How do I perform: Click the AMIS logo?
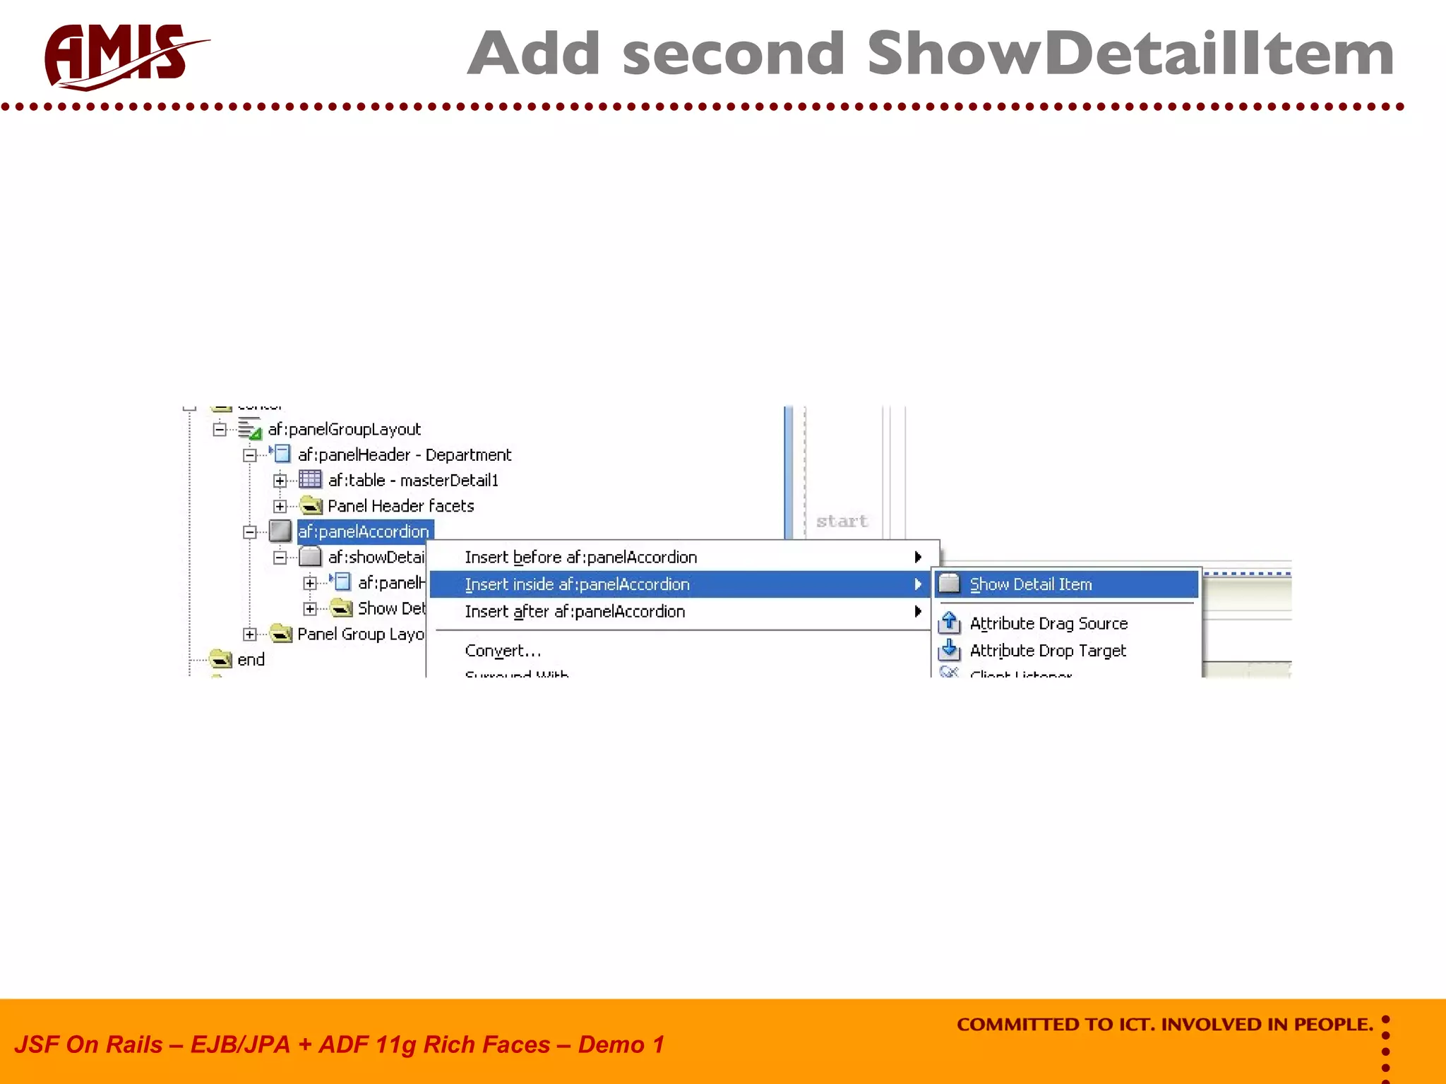[124, 56]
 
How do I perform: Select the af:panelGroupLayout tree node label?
[344, 429]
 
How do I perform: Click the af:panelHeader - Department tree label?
[404, 455]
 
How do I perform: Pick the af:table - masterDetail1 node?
[413, 481]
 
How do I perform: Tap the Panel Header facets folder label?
[400, 506]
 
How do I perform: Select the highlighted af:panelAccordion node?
[363, 531]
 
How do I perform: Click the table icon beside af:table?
[310, 480]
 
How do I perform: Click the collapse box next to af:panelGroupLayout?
[220, 429]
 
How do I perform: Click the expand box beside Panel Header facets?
[280, 506]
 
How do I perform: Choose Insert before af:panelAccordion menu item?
[580, 558]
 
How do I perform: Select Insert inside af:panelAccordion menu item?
[577, 584]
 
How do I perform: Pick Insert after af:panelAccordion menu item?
[575, 611]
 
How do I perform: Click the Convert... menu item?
[503, 651]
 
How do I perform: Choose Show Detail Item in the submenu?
[1030, 584]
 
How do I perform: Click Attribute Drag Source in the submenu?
[1048, 624]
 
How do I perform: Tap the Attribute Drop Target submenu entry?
[1048, 651]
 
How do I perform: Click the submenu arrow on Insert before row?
[917, 558]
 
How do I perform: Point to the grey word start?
[842, 522]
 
